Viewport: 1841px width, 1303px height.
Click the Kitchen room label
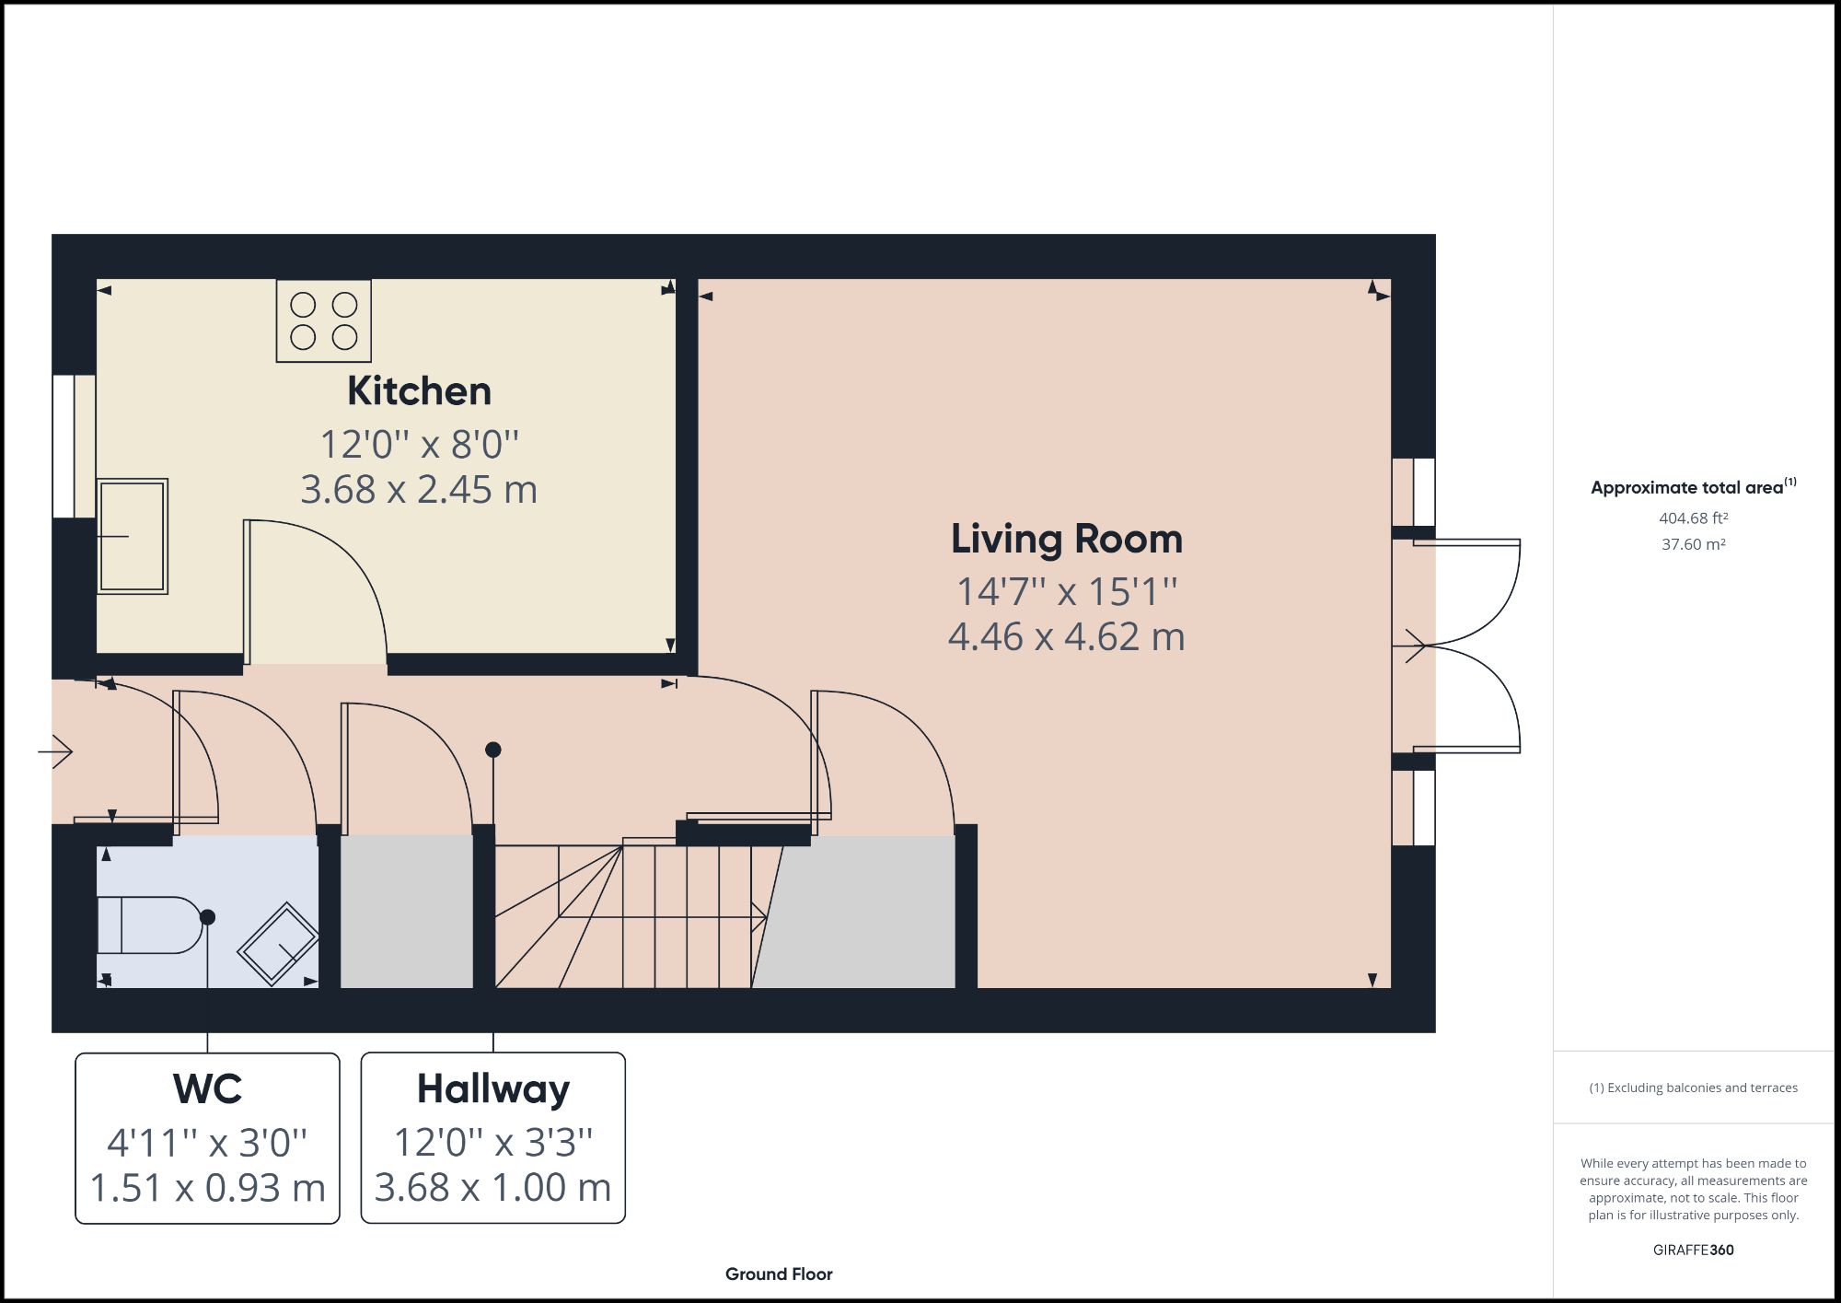(x=419, y=391)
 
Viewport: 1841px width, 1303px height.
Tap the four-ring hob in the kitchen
(x=323, y=321)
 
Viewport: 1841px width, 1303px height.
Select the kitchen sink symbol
(x=133, y=536)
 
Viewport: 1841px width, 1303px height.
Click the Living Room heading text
(x=1066, y=540)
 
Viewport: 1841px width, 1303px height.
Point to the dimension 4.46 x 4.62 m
(x=1066, y=637)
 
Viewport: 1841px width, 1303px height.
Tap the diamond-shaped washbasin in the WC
(x=278, y=943)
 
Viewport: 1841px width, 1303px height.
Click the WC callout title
(x=207, y=1089)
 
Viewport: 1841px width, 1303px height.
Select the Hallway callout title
(x=493, y=1089)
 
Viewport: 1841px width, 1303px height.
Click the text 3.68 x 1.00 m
(x=493, y=1188)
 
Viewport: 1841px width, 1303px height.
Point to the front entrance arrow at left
(x=56, y=751)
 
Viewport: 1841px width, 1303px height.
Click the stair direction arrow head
(x=759, y=916)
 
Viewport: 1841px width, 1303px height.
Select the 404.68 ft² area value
(x=1693, y=518)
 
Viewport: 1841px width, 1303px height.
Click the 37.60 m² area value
(x=1693, y=544)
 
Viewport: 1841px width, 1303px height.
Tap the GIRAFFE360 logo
(x=1693, y=1250)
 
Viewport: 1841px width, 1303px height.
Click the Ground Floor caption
(x=779, y=1274)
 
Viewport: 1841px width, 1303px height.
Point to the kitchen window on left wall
(x=63, y=447)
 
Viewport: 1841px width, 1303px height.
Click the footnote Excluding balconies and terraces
(x=1693, y=1088)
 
